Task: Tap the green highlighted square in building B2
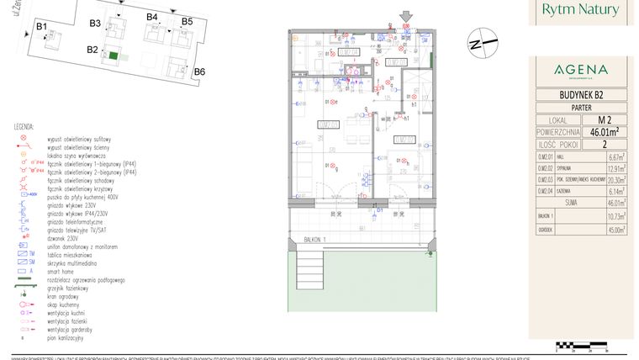pos(114,55)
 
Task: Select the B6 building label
pos(199,71)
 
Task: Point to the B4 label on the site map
pos(152,17)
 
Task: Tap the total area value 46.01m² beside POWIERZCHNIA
pos(603,131)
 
